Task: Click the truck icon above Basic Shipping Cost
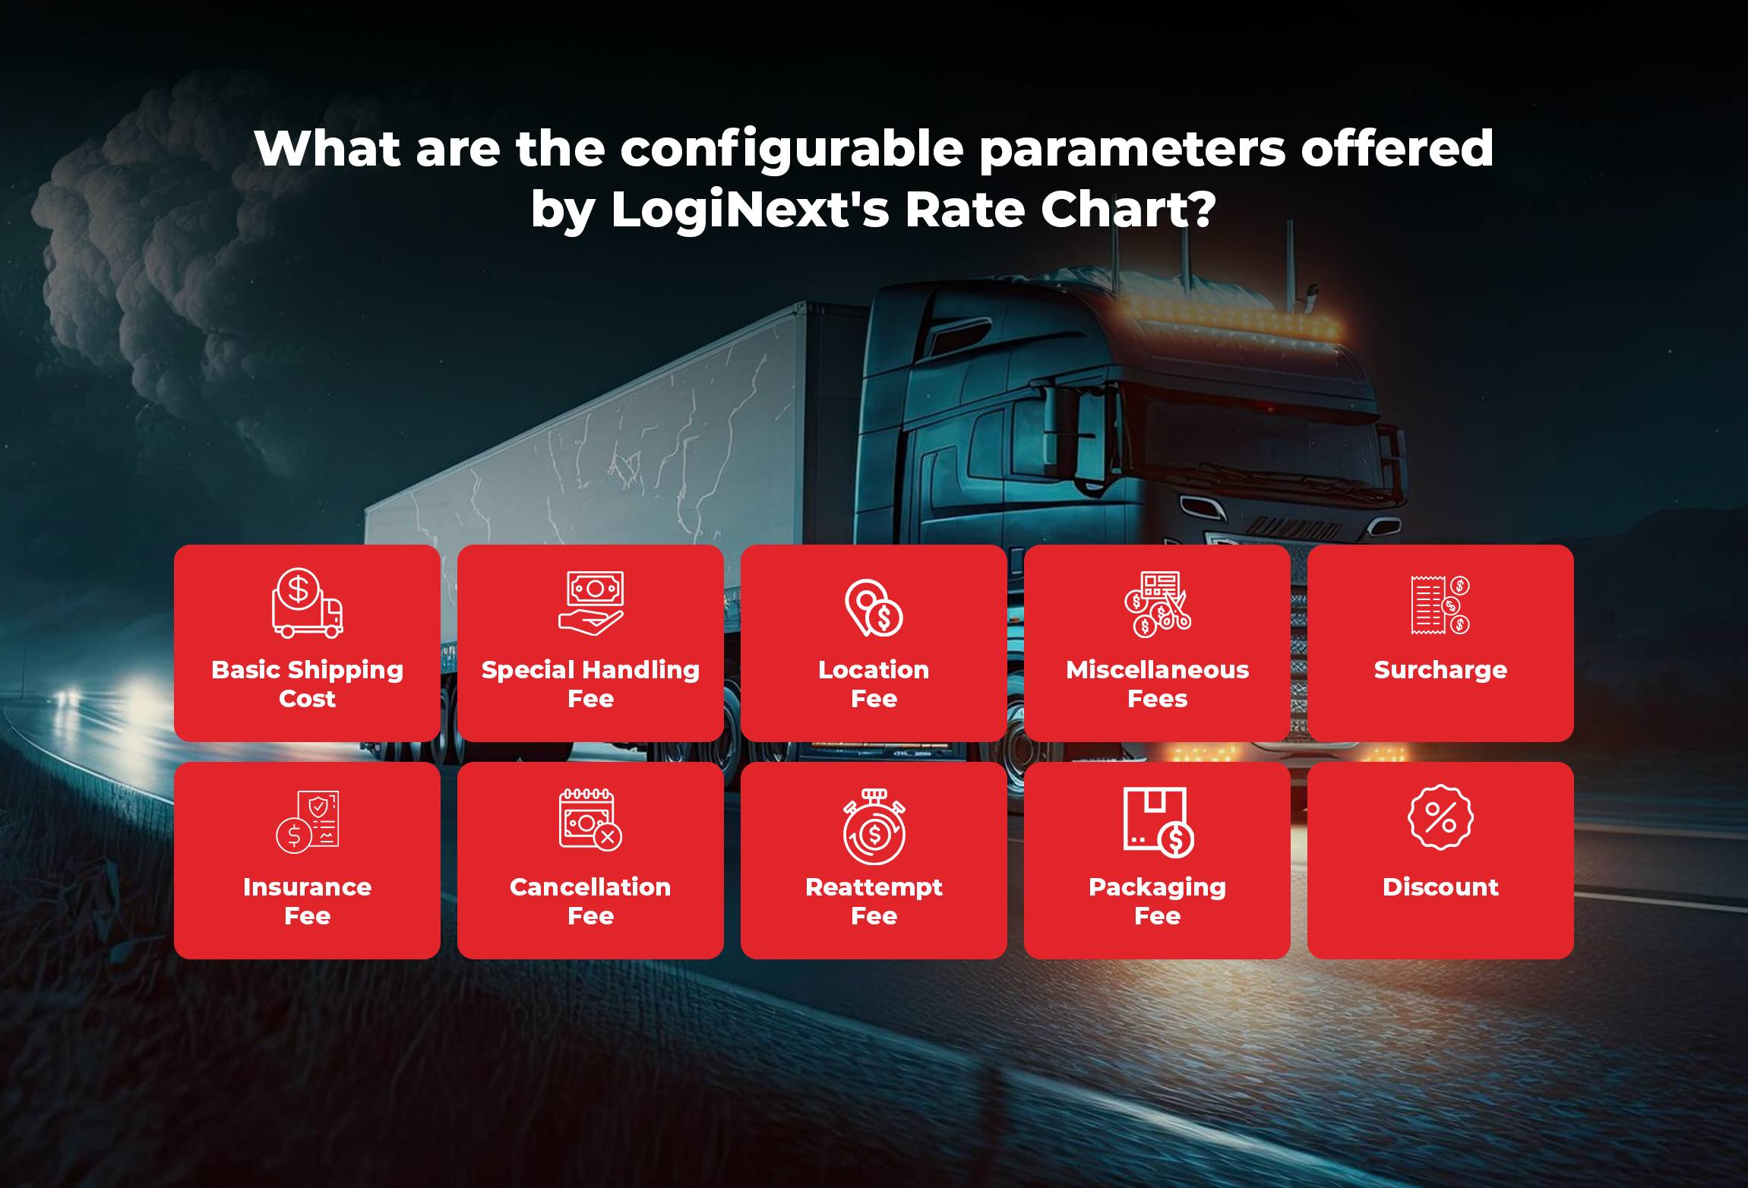pos(307,603)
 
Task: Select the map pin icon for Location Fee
pos(874,608)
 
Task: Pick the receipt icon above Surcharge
pos(1440,605)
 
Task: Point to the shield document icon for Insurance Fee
pos(307,821)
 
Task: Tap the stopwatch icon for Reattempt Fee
pos(874,827)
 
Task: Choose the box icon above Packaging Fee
pos(1158,821)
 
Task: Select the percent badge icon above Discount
pos(1440,817)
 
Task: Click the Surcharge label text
pos(1440,670)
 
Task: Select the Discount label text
pos(1440,887)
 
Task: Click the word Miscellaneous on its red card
pos(1157,670)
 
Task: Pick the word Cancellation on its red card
pos(590,887)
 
